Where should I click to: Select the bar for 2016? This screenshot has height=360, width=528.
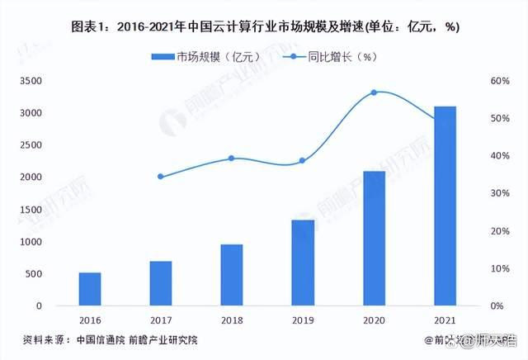pos(90,289)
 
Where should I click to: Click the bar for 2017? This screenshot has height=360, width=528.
pos(161,283)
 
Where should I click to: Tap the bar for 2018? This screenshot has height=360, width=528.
pos(232,275)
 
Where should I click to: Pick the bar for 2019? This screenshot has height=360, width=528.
pos(303,263)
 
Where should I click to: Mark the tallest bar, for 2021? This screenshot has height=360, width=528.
pos(445,206)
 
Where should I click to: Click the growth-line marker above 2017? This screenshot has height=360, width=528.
pos(161,177)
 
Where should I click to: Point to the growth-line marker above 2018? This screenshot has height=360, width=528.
pos(232,158)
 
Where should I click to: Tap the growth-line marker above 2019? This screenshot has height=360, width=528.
pos(303,161)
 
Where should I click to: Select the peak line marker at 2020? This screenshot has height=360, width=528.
pos(374,92)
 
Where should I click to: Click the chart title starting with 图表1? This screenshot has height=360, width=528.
pos(264,26)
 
